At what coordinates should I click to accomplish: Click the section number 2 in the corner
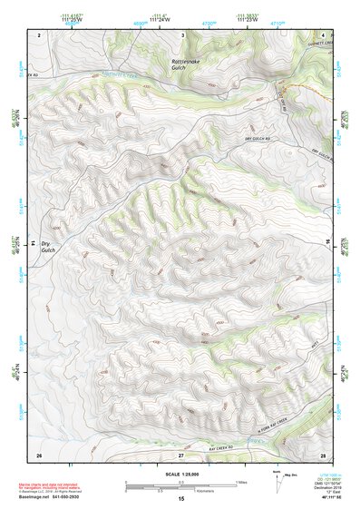[39, 34]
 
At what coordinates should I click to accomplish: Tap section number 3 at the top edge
[183, 34]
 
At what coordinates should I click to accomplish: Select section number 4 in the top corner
[322, 34]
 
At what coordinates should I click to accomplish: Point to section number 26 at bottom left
[39, 453]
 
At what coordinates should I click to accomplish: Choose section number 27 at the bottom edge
[181, 453]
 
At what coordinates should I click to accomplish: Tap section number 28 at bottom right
[322, 453]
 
